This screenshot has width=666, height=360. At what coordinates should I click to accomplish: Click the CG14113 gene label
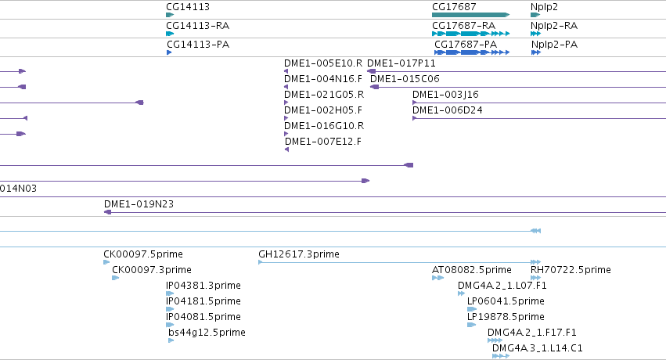[188, 7]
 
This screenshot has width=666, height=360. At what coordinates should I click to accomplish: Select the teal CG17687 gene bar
[470, 15]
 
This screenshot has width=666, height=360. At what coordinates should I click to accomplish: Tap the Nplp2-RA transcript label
[554, 26]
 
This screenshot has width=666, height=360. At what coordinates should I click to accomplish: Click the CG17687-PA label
[466, 44]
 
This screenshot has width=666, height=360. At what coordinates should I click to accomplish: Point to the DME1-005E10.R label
[323, 63]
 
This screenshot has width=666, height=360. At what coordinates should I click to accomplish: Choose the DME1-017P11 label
[401, 63]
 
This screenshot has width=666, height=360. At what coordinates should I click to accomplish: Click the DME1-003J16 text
[445, 94]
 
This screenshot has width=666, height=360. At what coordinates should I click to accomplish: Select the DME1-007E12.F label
[323, 142]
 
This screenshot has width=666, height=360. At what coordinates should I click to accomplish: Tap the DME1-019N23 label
[139, 203]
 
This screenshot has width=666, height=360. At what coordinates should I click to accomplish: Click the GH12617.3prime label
[299, 254]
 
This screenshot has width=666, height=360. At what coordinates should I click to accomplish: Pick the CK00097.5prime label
[143, 254]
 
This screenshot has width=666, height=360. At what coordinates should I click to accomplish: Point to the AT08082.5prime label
[471, 269]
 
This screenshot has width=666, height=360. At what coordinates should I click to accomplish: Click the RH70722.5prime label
[571, 269]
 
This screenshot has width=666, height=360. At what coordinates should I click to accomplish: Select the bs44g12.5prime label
[207, 332]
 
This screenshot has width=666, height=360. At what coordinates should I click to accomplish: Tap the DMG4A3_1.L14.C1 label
[538, 347]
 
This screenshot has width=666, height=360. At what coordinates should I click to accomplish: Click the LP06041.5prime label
[506, 301]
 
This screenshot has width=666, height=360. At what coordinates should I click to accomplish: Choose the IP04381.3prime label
[203, 286]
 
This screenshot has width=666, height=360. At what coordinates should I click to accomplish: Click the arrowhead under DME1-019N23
[107, 212]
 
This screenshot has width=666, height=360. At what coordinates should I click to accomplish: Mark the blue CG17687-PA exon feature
[471, 52]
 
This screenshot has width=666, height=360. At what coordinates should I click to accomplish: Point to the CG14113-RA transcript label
[198, 26]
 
